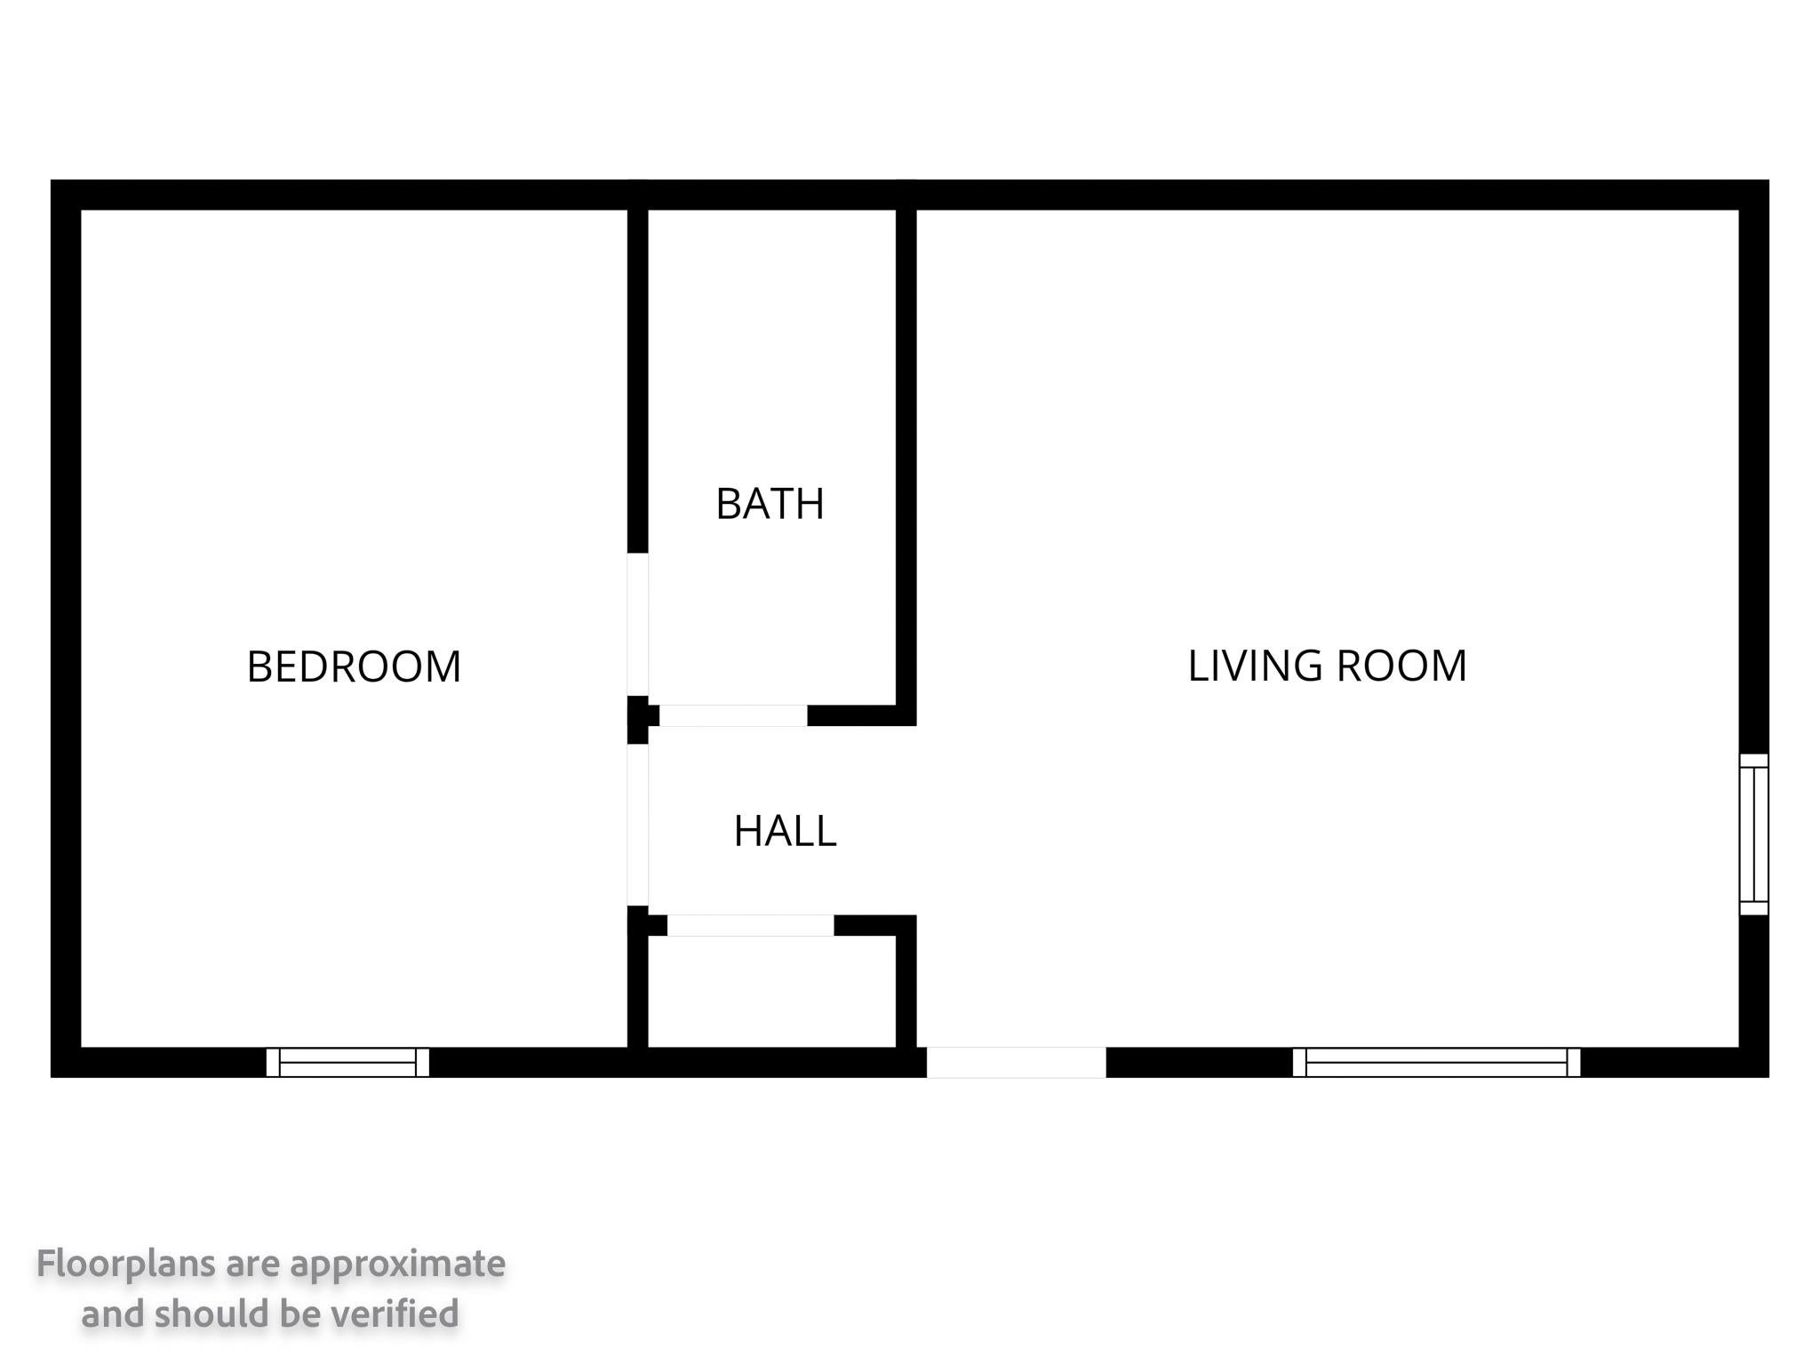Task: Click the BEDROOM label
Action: tap(354, 667)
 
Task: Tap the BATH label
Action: tap(770, 504)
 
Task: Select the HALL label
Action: tap(785, 831)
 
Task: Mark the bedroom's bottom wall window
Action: tap(347, 1062)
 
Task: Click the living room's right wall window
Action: tap(1753, 834)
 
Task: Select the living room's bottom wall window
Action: tap(1436, 1062)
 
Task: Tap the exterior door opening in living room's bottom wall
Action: tap(1017, 1062)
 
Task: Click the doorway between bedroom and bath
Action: tap(637, 624)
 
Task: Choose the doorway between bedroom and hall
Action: tap(637, 825)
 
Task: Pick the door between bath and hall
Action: tap(733, 715)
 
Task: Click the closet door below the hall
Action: tap(751, 925)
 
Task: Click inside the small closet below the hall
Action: tap(771, 991)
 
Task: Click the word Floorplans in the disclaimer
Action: tap(126, 1263)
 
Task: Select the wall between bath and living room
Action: tap(906, 458)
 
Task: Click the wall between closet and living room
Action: tap(906, 986)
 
